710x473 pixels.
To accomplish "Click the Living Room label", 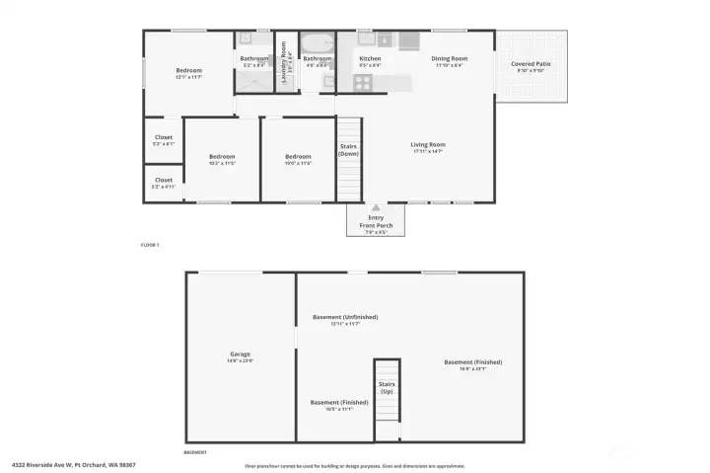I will point(428,145).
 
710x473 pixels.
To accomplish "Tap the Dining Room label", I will point(450,58).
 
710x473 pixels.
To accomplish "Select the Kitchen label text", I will point(370,58).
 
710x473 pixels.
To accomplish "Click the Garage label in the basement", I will point(241,354).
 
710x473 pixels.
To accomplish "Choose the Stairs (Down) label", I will point(348,149).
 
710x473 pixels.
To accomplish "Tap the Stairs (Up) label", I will point(387,388).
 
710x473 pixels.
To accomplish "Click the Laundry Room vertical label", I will point(284,61).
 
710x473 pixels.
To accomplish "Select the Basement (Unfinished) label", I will point(345,317).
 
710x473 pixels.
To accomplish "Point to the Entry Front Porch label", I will point(376,221).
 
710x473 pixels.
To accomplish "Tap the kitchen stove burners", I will point(362,83).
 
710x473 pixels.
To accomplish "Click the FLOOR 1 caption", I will point(150,244).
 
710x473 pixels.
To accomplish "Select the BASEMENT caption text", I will point(195,452).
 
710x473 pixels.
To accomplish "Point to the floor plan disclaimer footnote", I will point(355,466).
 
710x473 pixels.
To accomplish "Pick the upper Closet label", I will point(163,138).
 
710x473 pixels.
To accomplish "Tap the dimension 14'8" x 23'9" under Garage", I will point(241,360).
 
